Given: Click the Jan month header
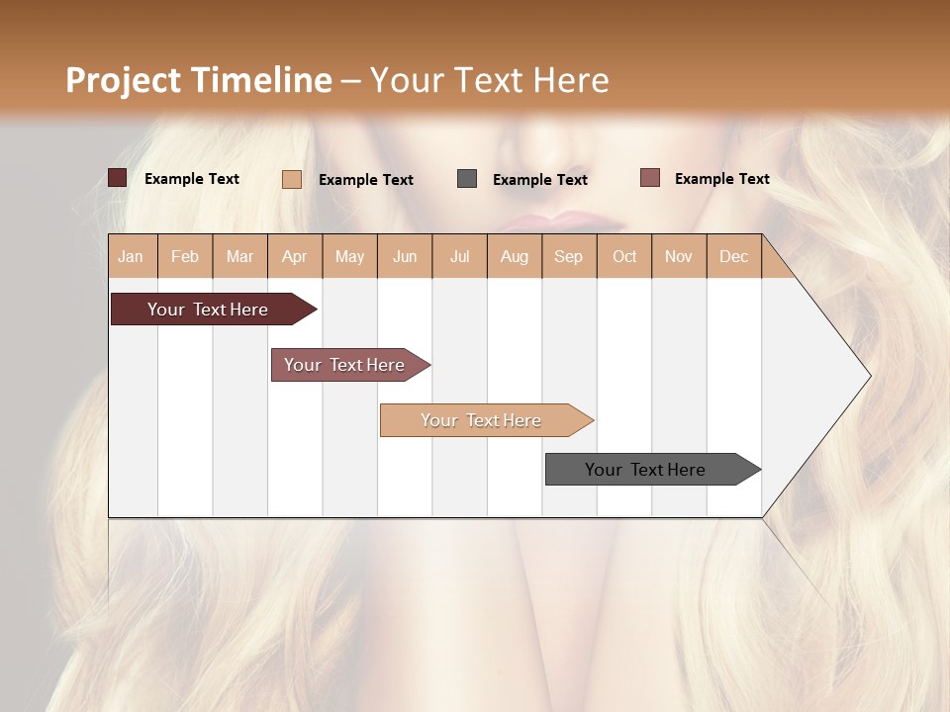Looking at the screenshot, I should [x=131, y=256].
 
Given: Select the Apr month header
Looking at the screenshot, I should [x=294, y=256].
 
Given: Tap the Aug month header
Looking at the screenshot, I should [x=514, y=256].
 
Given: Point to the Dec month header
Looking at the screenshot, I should [x=733, y=256].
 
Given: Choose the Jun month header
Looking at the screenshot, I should [x=405, y=256].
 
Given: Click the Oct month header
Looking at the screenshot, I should [x=624, y=256].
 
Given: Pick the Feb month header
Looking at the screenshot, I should [x=185, y=256].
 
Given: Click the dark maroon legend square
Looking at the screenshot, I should [x=117, y=178].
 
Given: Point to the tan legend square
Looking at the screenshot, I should [x=292, y=179].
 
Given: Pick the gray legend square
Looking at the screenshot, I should [x=467, y=179].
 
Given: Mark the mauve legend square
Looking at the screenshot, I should [x=649, y=178].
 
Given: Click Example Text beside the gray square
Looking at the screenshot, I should [x=539, y=180].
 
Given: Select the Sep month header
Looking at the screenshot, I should [x=568, y=256].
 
